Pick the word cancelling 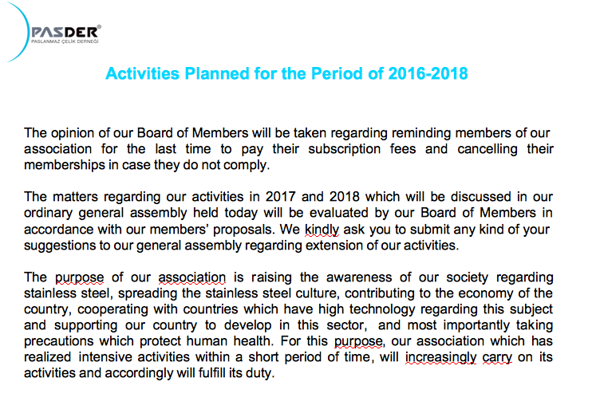pyautogui.click(x=487, y=149)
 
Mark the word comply pyautogui.click(x=247, y=165)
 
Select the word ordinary pyautogui.click(x=50, y=213)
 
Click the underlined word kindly pyautogui.click(x=320, y=229)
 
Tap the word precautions pyautogui.click(x=60, y=341)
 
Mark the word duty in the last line pyautogui.click(x=261, y=374)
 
